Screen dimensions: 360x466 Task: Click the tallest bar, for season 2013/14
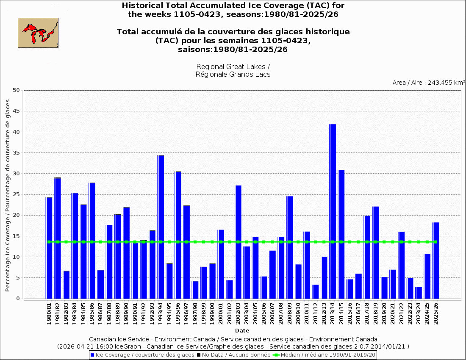[x=333, y=212]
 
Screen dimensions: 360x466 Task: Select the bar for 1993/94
[x=161, y=227]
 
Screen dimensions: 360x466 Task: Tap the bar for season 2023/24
[x=419, y=293]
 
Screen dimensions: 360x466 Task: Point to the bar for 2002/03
[x=238, y=242]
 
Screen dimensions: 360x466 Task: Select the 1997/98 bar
[x=195, y=290]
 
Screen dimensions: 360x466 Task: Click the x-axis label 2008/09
[x=290, y=314]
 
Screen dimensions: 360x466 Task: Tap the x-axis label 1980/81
[x=49, y=314]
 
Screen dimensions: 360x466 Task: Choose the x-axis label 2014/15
[x=341, y=314]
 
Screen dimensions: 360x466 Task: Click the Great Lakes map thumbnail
[x=38, y=33]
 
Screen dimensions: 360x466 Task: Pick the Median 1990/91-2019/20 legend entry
[x=325, y=354]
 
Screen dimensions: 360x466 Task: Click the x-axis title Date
[x=242, y=330]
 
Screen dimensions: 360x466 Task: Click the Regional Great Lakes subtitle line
[x=233, y=67]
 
